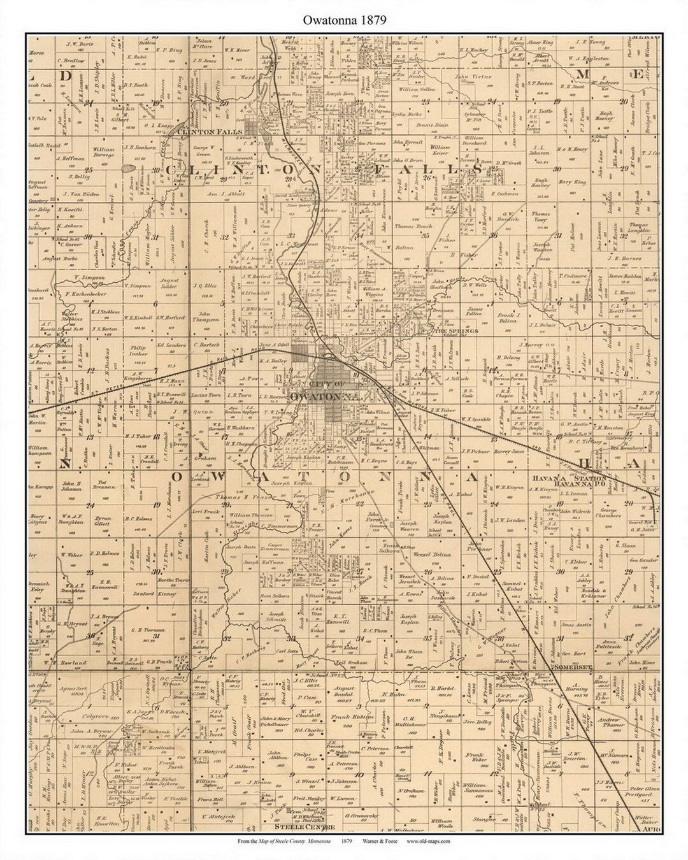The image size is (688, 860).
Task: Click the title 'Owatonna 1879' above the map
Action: [343, 19]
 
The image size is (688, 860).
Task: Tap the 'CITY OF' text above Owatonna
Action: [326, 383]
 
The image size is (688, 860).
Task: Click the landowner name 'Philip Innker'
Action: [143, 351]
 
